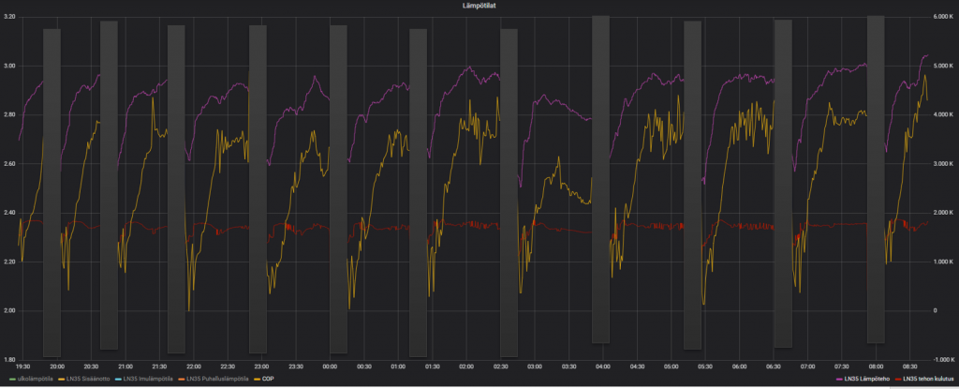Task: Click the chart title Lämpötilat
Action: [479, 6]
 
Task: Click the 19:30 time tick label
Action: [23, 367]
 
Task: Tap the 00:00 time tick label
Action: [331, 367]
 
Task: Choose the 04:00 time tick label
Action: [603, 367]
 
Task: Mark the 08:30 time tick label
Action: [909, 367]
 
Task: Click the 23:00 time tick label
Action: [262, 367]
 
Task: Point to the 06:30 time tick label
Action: [774, 367]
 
